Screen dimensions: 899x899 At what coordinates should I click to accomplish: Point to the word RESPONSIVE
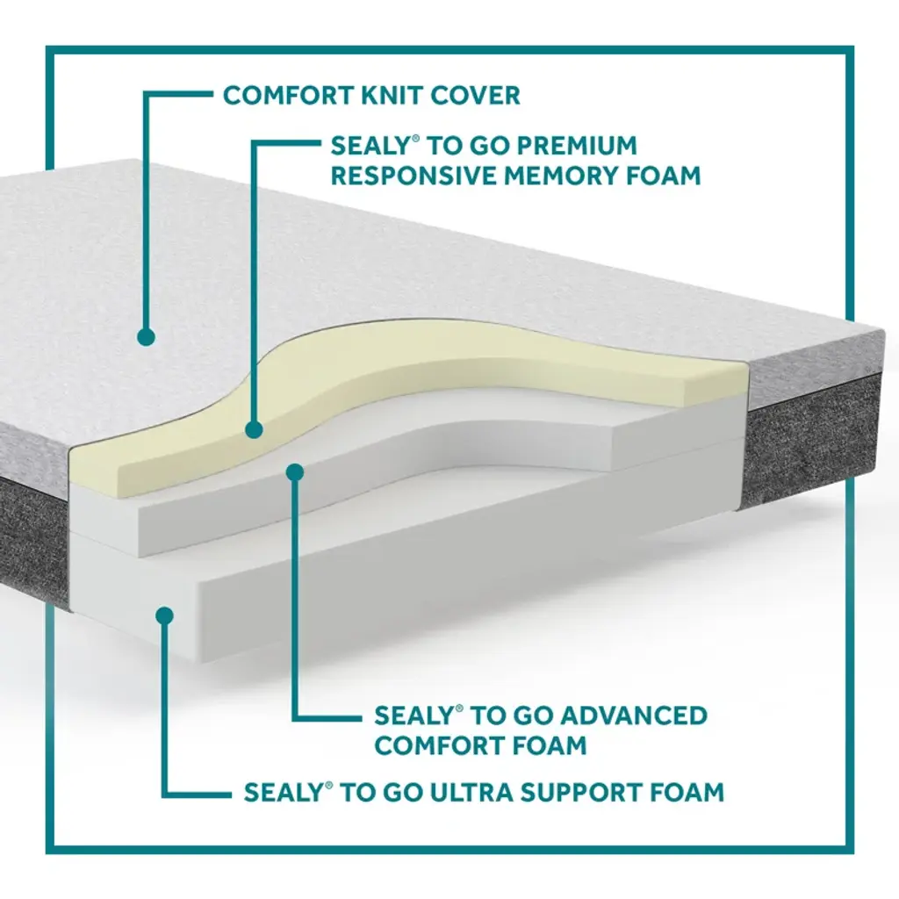pyautogui.click(x=413, y=175)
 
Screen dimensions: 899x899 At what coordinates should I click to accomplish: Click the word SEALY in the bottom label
pyautogui.click(x=283, y=792)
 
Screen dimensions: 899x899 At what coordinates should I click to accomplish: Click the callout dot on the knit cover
pyautogui.click(x=147, y=336)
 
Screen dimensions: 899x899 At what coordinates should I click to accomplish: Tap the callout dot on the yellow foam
pyautogui.click(x=255, y=430)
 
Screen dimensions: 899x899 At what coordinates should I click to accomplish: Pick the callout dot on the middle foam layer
pyautogui.click(x=295, y=472)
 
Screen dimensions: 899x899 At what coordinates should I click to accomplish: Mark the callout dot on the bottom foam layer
pyautogui.click(x=163, y=615)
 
